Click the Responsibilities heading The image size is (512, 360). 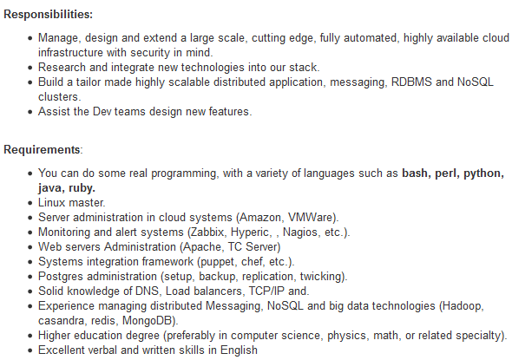48,15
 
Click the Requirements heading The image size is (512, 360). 43,149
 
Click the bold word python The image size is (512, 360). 482,173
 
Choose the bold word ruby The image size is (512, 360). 81,188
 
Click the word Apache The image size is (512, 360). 202,246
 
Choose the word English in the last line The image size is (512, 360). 239,350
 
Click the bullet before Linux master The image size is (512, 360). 30,203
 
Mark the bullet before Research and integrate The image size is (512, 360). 30,68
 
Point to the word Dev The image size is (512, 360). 102,111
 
